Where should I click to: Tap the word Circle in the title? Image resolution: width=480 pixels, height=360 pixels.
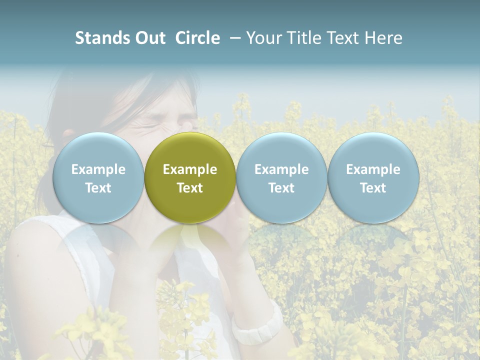197,38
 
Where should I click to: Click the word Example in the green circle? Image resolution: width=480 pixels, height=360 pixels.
190,169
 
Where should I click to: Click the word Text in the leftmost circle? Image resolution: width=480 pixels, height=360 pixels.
98,188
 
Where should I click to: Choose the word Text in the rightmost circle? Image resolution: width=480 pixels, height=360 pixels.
373,188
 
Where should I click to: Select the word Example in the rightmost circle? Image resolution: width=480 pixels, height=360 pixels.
373,169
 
